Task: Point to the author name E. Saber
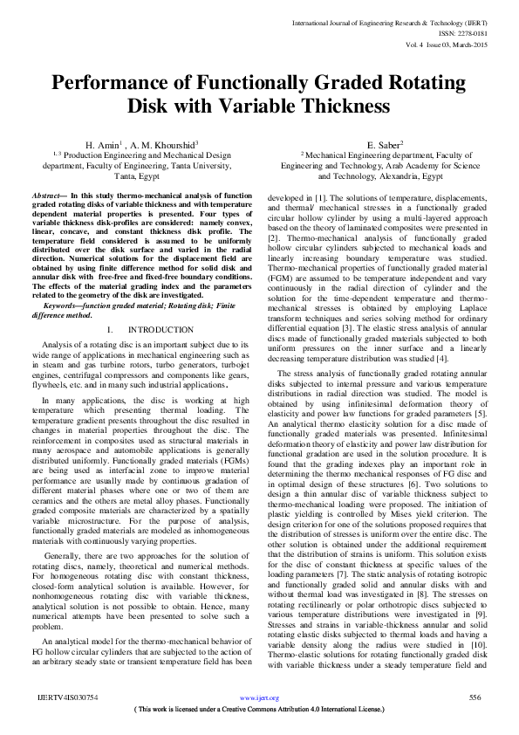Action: pos(385,142)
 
